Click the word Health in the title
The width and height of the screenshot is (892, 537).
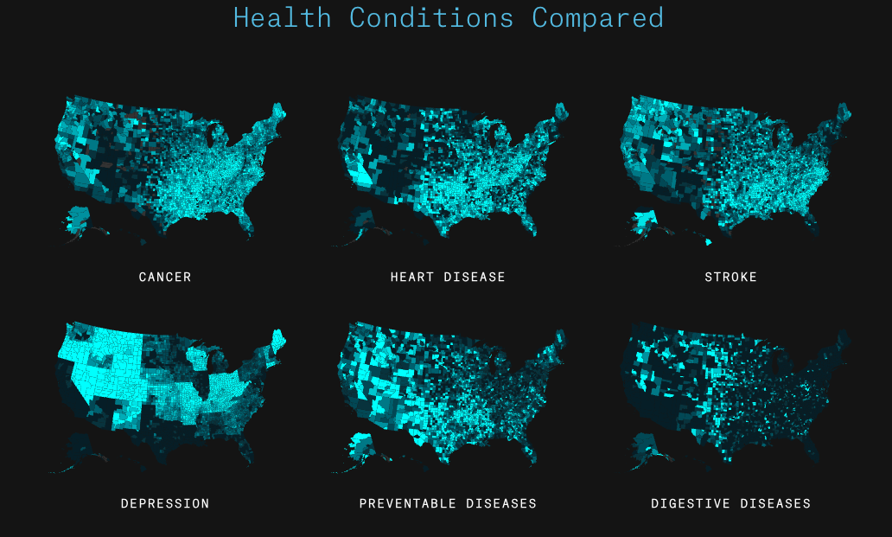[282, 17]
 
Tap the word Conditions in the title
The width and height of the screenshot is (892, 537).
[431, 17]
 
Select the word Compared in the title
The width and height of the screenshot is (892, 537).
[597, 17]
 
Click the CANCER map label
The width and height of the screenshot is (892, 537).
[165, 277]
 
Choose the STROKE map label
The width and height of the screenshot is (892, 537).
[730, 277]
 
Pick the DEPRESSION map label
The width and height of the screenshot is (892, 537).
[165, 503]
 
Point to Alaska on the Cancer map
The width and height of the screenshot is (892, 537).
[79, 218]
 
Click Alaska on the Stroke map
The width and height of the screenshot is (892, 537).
[644, 221]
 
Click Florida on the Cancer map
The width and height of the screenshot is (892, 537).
[247, 221]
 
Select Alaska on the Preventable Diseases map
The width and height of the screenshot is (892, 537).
[361, 447]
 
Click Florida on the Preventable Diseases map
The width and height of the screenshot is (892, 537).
[528, 448]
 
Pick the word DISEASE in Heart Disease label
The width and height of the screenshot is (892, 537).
[475, 277]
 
